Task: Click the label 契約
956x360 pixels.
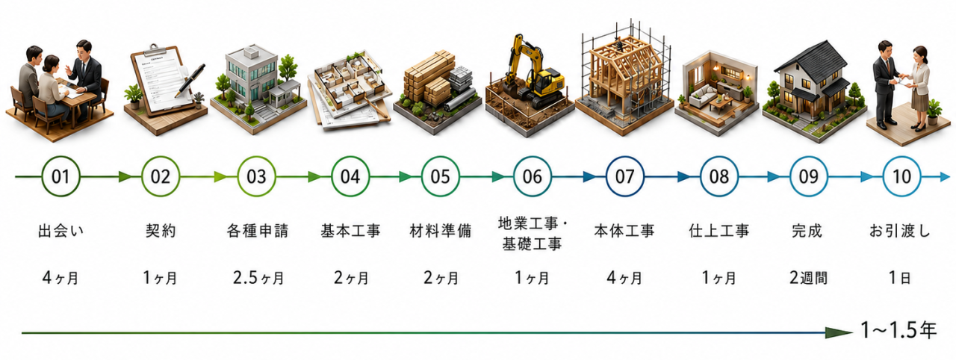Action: click(x=161, y=231)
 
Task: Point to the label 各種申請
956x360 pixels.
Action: click(x=258, y=231)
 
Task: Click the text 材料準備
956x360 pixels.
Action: click(x=441, y=231)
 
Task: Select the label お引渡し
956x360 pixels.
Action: click(x=900, y=231)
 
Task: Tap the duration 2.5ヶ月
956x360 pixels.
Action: click(x=258, y=278)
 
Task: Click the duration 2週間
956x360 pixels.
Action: click(x=808, y=278)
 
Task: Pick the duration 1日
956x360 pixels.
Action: click(x=900, y=278)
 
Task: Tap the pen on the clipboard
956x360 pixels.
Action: click(x=190, y=81)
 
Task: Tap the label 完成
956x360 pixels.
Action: click(x=807, y=231)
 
